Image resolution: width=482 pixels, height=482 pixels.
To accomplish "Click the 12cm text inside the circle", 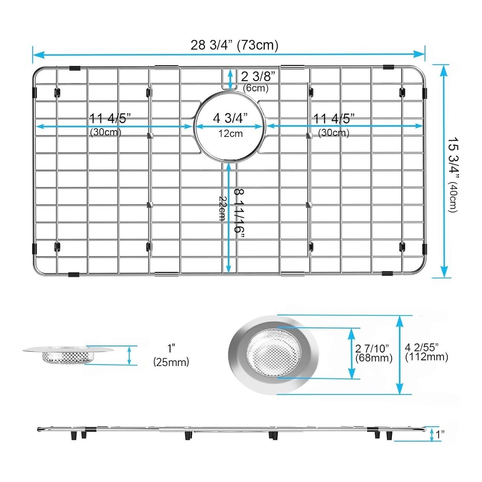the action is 230,134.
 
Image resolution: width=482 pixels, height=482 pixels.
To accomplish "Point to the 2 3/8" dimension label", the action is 256,76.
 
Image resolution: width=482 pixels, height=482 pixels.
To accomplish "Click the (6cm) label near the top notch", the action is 256,88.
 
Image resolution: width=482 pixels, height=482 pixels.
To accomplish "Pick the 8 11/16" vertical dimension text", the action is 239,214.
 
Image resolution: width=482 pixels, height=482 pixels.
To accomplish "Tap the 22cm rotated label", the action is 222,208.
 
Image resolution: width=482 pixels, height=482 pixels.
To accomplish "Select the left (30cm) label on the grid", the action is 106,132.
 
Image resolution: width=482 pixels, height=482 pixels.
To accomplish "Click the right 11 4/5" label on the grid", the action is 334,118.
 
